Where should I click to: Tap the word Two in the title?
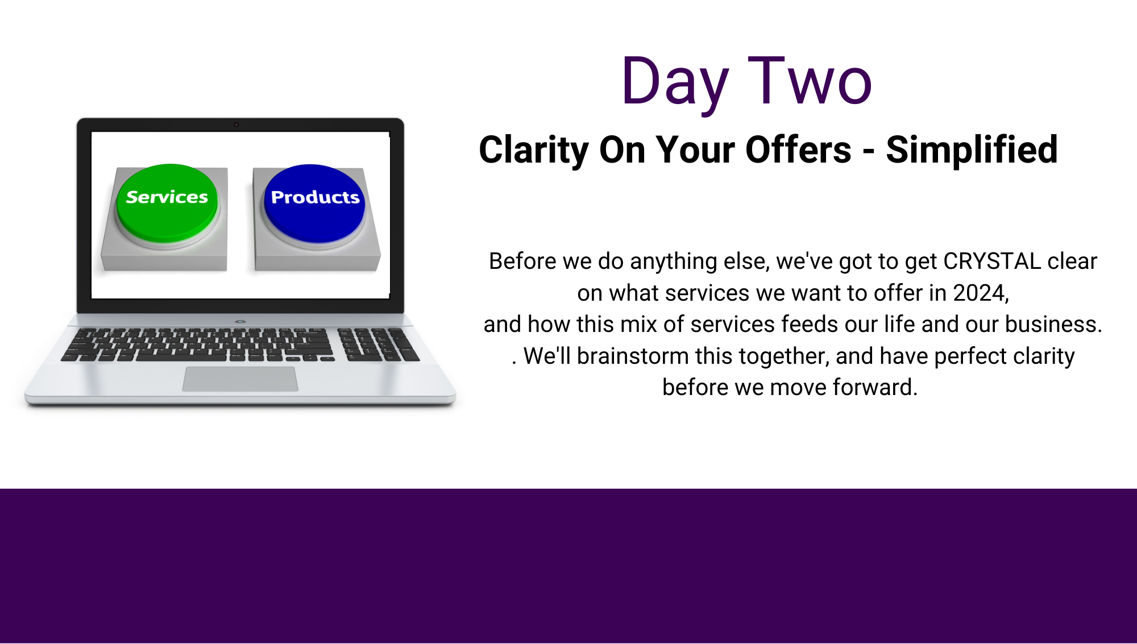tap(810, 81)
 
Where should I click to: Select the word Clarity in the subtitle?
tap(533, 151)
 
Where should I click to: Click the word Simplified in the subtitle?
tap(972, 150)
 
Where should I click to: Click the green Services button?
tap(167, 202)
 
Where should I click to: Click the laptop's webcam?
tap(236, 124)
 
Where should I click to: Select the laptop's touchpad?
tap(240, 379)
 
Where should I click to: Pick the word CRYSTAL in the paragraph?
tap(992, 261)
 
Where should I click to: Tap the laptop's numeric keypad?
tap(378, 344)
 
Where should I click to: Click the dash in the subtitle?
tap(869, 152)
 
